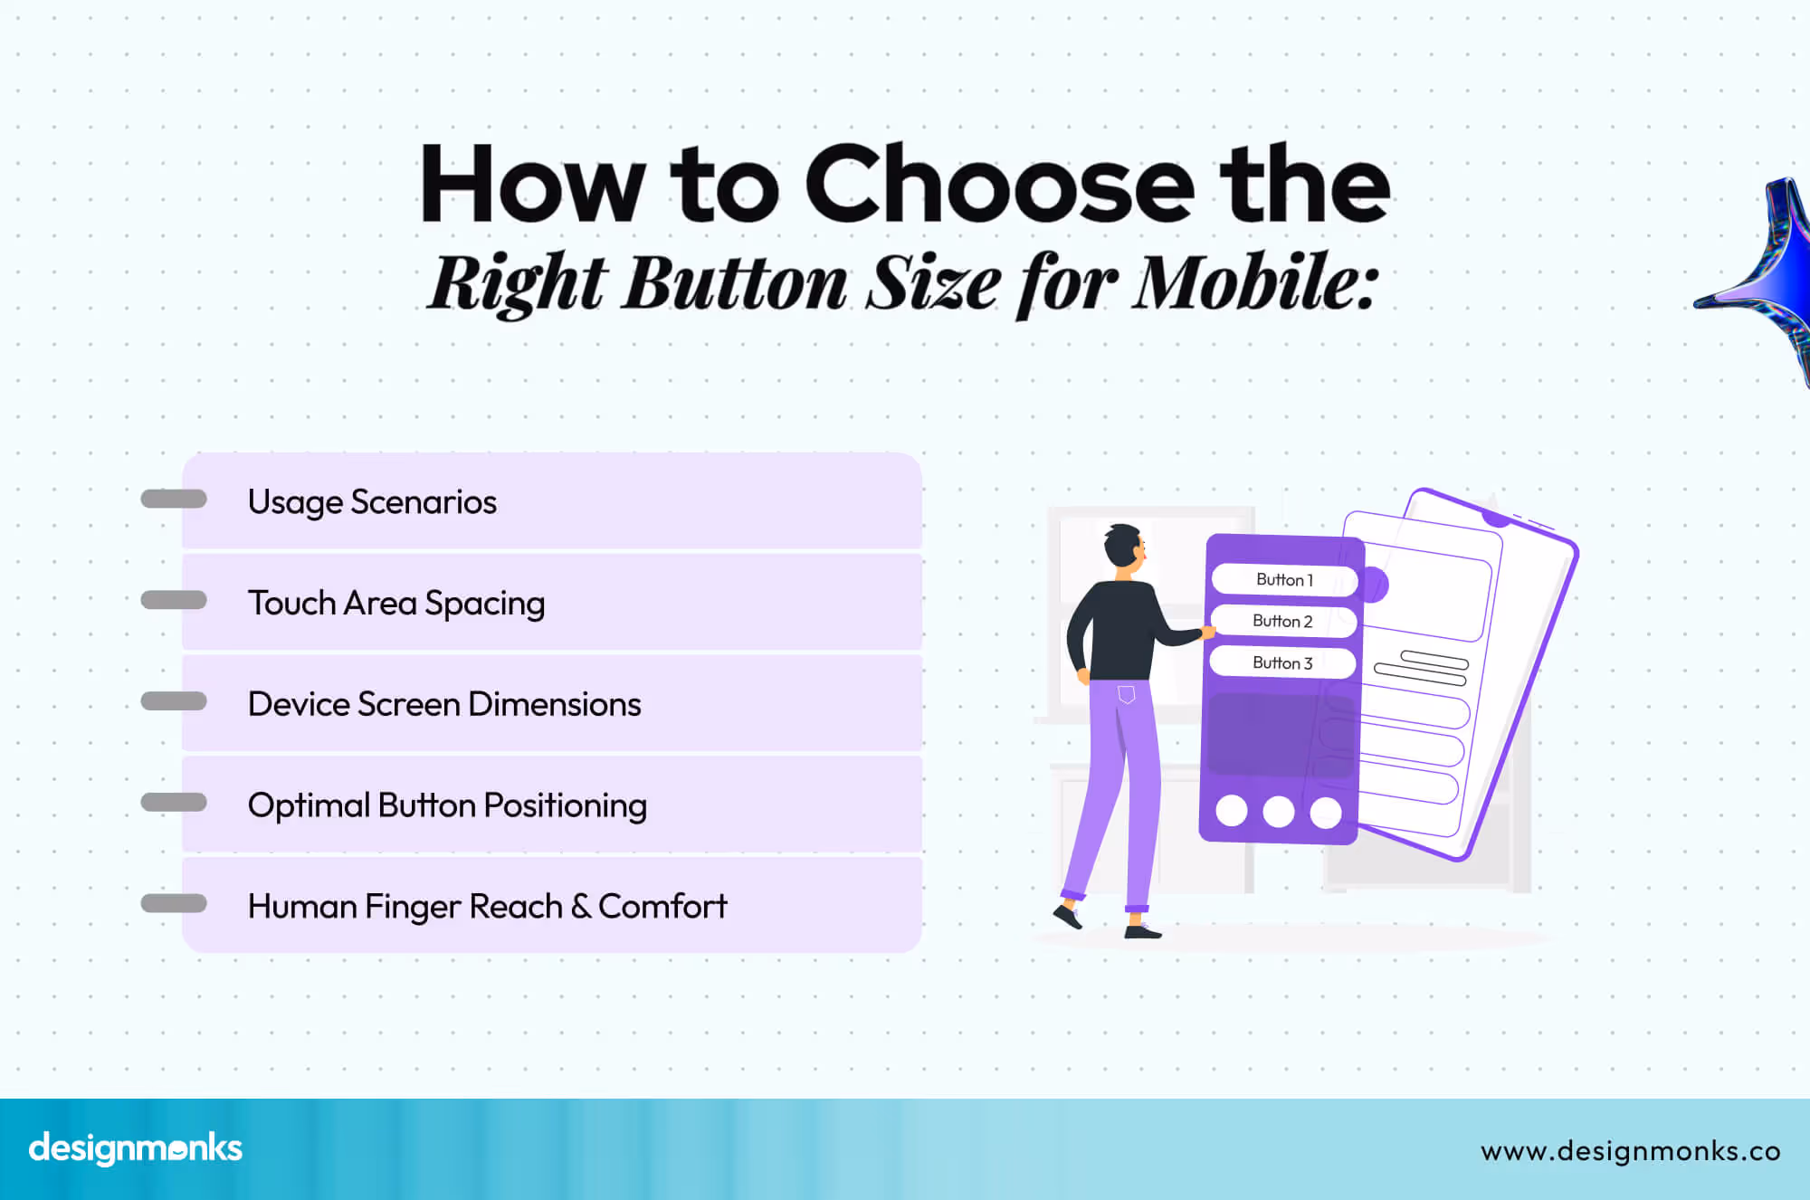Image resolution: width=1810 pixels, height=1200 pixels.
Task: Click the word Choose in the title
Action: [x=999, y=186]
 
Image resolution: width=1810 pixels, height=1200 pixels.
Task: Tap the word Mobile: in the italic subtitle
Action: [x=1256, y=283]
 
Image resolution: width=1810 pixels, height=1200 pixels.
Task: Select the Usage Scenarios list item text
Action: [x=372, y=502]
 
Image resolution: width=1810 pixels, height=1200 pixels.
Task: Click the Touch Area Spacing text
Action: [x=396, y=604]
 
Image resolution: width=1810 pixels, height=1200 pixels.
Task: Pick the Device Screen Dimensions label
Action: [x=444, y=705]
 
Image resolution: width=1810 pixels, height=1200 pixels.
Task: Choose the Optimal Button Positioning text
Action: [x=447, y=805]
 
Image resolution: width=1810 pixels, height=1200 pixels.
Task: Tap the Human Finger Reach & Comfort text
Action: [x=487, y=907]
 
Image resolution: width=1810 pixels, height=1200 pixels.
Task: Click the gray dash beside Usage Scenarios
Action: [x=174, y=499]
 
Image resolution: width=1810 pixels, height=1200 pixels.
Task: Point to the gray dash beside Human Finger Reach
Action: [x=174, y=903]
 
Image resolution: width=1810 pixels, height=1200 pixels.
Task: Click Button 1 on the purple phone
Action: [x=1284, y=580]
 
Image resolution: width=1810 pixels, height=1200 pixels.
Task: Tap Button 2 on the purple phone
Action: [x=1282, y=621]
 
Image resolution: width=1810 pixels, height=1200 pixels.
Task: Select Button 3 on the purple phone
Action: [x=1282, y=663]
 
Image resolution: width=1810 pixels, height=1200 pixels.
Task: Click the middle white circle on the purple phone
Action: [x=1278, y=812]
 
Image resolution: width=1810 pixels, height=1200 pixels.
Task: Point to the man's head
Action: [x=1124, y=546]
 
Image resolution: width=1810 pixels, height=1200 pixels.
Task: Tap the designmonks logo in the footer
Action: [x=136, y=1148]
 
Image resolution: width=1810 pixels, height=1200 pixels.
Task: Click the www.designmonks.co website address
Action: [x=1630, y=1151]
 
